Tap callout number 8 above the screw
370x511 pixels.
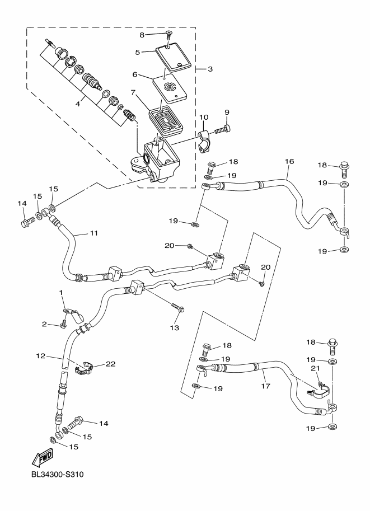point(142,35)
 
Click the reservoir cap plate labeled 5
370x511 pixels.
point(174,58)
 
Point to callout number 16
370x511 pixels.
point(289,161)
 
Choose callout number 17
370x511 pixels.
point(264,386)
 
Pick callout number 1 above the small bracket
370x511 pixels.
point(61,292)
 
